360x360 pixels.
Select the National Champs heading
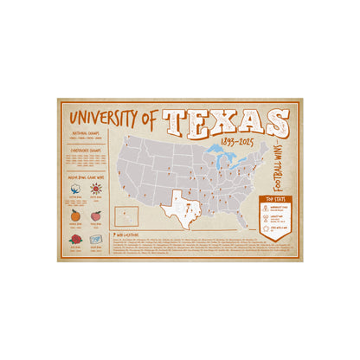pos(87,133)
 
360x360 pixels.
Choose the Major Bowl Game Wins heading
pos(87,171)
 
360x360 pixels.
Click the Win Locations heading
pos(132,233)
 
